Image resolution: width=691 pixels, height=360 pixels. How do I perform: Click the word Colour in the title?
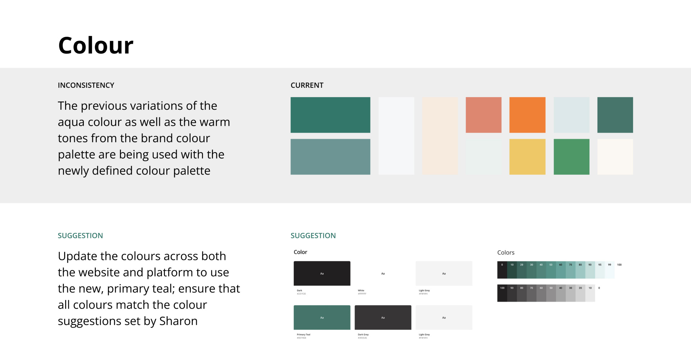pos(96,46)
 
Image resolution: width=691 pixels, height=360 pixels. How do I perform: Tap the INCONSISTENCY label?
pos(86,85)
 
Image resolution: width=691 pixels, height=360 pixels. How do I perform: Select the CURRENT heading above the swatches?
pos(307,85)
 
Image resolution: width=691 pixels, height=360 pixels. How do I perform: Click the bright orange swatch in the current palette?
pos(527,115)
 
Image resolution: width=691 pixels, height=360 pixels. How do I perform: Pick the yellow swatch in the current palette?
pos(527,157)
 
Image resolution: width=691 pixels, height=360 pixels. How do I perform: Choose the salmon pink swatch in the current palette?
pos(483,115)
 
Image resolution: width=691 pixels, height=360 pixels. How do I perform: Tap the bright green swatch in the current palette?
pos(571,157)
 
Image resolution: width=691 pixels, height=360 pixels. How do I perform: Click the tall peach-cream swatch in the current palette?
pos(440,136)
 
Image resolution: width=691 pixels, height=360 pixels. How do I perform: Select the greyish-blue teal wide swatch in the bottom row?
pos(330,157)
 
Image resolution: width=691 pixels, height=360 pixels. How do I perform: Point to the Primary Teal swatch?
pos(322,317)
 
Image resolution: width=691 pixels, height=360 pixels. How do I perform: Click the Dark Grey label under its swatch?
pos(363,334)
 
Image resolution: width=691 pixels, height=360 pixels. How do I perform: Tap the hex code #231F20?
pos(301,294)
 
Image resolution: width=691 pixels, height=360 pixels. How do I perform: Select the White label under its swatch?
pos(361,291)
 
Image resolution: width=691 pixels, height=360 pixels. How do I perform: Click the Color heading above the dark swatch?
pos(301,252)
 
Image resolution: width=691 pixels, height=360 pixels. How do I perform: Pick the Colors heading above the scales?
pos(506,253)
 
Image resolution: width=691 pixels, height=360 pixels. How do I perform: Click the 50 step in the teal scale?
pos(551,270)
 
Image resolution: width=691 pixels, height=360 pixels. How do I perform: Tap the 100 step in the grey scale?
pos(502,293)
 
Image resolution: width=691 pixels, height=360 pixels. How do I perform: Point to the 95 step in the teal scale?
pos(600,270)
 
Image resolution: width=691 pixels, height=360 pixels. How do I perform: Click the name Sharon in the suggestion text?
pos(178,321)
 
